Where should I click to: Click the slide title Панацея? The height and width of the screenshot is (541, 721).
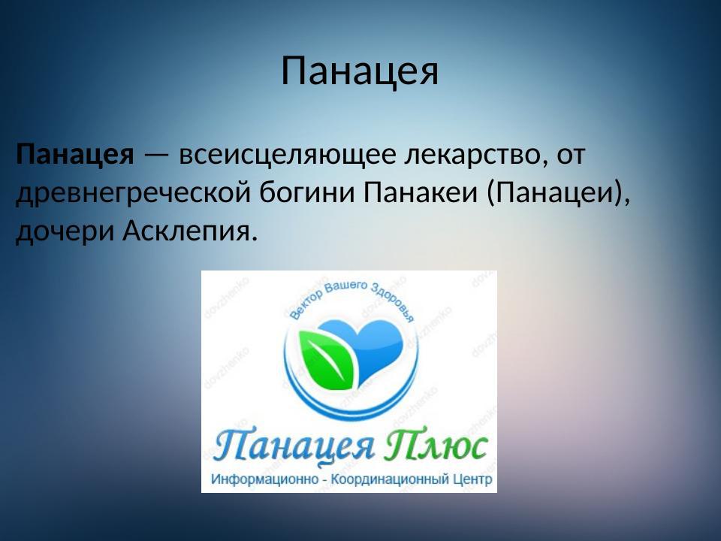(360, 71)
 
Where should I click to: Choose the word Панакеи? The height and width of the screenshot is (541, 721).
(421, 193)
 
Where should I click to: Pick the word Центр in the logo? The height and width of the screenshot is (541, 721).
(472, 479)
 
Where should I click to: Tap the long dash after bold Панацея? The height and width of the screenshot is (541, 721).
(156, 156)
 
